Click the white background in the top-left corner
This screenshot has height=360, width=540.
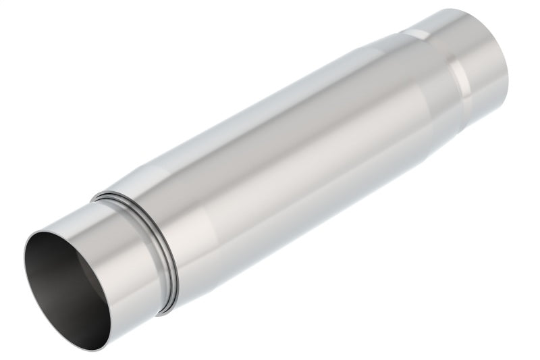pyautogui.click(x=27, y=27)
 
